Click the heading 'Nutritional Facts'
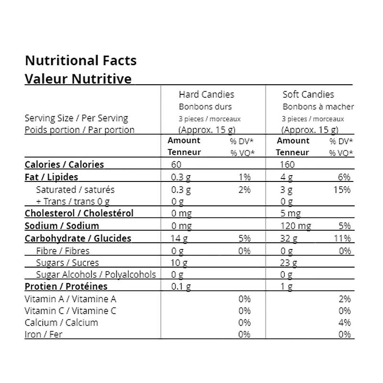(x=80, y=61)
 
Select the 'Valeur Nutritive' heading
(x=78, y=79)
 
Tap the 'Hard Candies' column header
(x=206, y=94)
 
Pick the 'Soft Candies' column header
(x=308, y=94)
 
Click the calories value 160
(x=288, y=165)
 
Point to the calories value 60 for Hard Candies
(x=177, y=165)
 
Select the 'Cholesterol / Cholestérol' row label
(x=79, y=214)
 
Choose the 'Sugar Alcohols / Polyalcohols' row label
(x=96, y=275)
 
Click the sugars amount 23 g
(x=289, y=262)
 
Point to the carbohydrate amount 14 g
(x=179, y=238)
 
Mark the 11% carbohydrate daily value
(x=343, y=238)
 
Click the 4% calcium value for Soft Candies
(x=345, y=323)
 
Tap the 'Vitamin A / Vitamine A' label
(x=70, y=299)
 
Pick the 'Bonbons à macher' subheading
(x=318, y=107)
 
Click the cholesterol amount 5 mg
(x=291, y=214)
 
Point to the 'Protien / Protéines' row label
(x=66, y=287)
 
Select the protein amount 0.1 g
(x=181, y=287)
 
